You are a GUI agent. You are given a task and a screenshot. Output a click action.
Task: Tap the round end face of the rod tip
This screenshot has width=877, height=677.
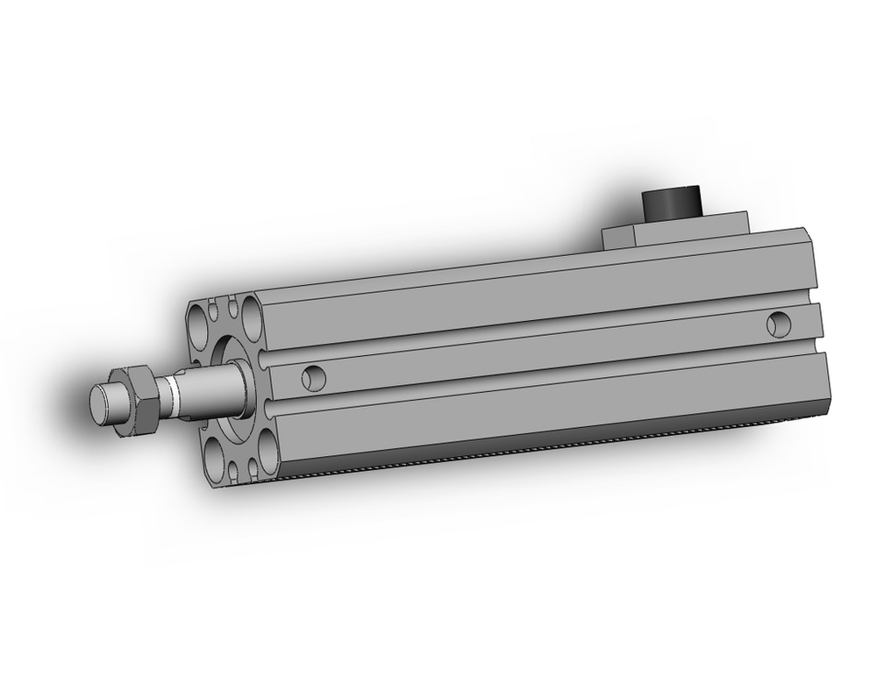click(103, 403)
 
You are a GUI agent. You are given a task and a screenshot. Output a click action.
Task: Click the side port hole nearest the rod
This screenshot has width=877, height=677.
click(313, 378)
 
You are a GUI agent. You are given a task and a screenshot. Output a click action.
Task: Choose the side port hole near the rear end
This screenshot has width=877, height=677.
click(777, 324)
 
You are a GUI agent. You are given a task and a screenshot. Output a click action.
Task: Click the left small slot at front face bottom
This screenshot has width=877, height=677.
click(233, 472)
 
